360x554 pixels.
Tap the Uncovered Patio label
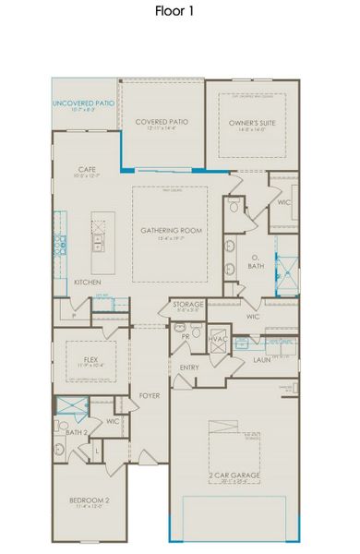(83, 103)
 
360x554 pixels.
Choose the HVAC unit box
(220, 338)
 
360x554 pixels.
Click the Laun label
(261, 361)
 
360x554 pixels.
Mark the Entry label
(190, 367)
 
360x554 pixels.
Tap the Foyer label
(150, 395)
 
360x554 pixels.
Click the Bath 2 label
(77, 432)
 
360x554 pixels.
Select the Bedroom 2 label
(89, 501)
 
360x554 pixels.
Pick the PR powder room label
(186, 337)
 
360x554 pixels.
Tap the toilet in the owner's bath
(233, 208)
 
